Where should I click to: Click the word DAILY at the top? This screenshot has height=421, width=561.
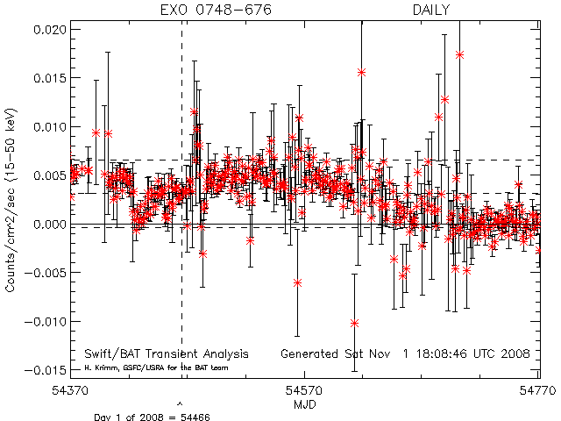point(432,11)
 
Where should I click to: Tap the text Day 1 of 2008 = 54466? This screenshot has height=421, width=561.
point(152,416)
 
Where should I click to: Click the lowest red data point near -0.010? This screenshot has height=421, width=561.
point(355,323)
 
